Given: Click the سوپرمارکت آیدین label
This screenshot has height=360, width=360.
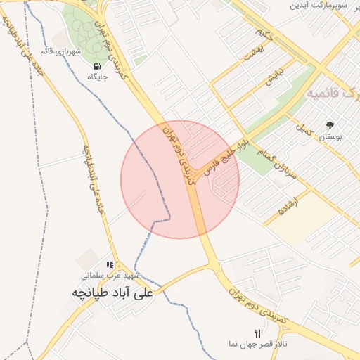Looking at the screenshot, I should pos(324,6).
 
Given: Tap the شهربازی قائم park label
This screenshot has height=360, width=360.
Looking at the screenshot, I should pos(82,52).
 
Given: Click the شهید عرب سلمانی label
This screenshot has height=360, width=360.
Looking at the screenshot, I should pos(110,276).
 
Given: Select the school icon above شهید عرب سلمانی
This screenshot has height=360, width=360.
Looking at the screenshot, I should pos(110,264).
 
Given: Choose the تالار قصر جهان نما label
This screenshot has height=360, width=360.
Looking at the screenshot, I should pos(257,344).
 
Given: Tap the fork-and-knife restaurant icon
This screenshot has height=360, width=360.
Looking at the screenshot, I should pos(257,333).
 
